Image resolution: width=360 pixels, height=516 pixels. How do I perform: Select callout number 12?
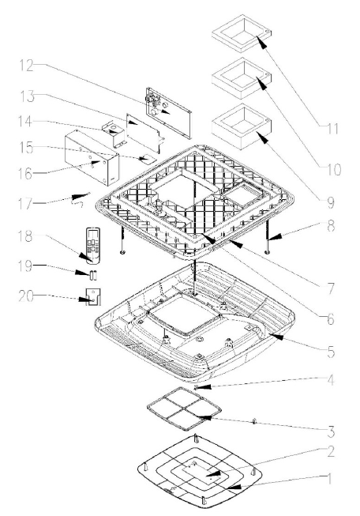[26, 65]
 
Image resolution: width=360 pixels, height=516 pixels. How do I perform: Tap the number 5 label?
[331, 352]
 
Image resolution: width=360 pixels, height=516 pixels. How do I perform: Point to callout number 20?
[26, 296]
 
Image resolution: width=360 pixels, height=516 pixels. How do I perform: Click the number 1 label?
[329, 479]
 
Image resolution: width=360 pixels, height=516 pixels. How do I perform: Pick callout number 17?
[25, 203]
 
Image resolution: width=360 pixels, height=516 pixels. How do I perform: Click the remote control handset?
[92, 246]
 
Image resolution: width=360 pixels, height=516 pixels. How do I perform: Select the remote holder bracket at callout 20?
[93, 297]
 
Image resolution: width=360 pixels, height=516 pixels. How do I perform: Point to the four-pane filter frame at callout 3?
[184, 409]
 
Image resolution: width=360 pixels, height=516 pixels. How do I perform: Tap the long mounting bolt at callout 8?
[268, 236]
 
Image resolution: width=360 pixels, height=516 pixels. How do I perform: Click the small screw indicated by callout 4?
[197, 387]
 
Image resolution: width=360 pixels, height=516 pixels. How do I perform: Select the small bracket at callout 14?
[114, 134]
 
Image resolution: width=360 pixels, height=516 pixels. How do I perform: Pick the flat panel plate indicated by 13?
[144, 134]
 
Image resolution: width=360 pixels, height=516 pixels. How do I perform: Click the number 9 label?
[330, 202]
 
